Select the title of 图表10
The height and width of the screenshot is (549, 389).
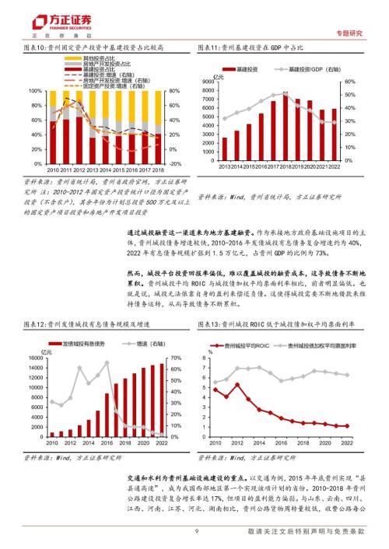[94, 47]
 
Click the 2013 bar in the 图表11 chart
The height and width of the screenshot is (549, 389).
[226, 149]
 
